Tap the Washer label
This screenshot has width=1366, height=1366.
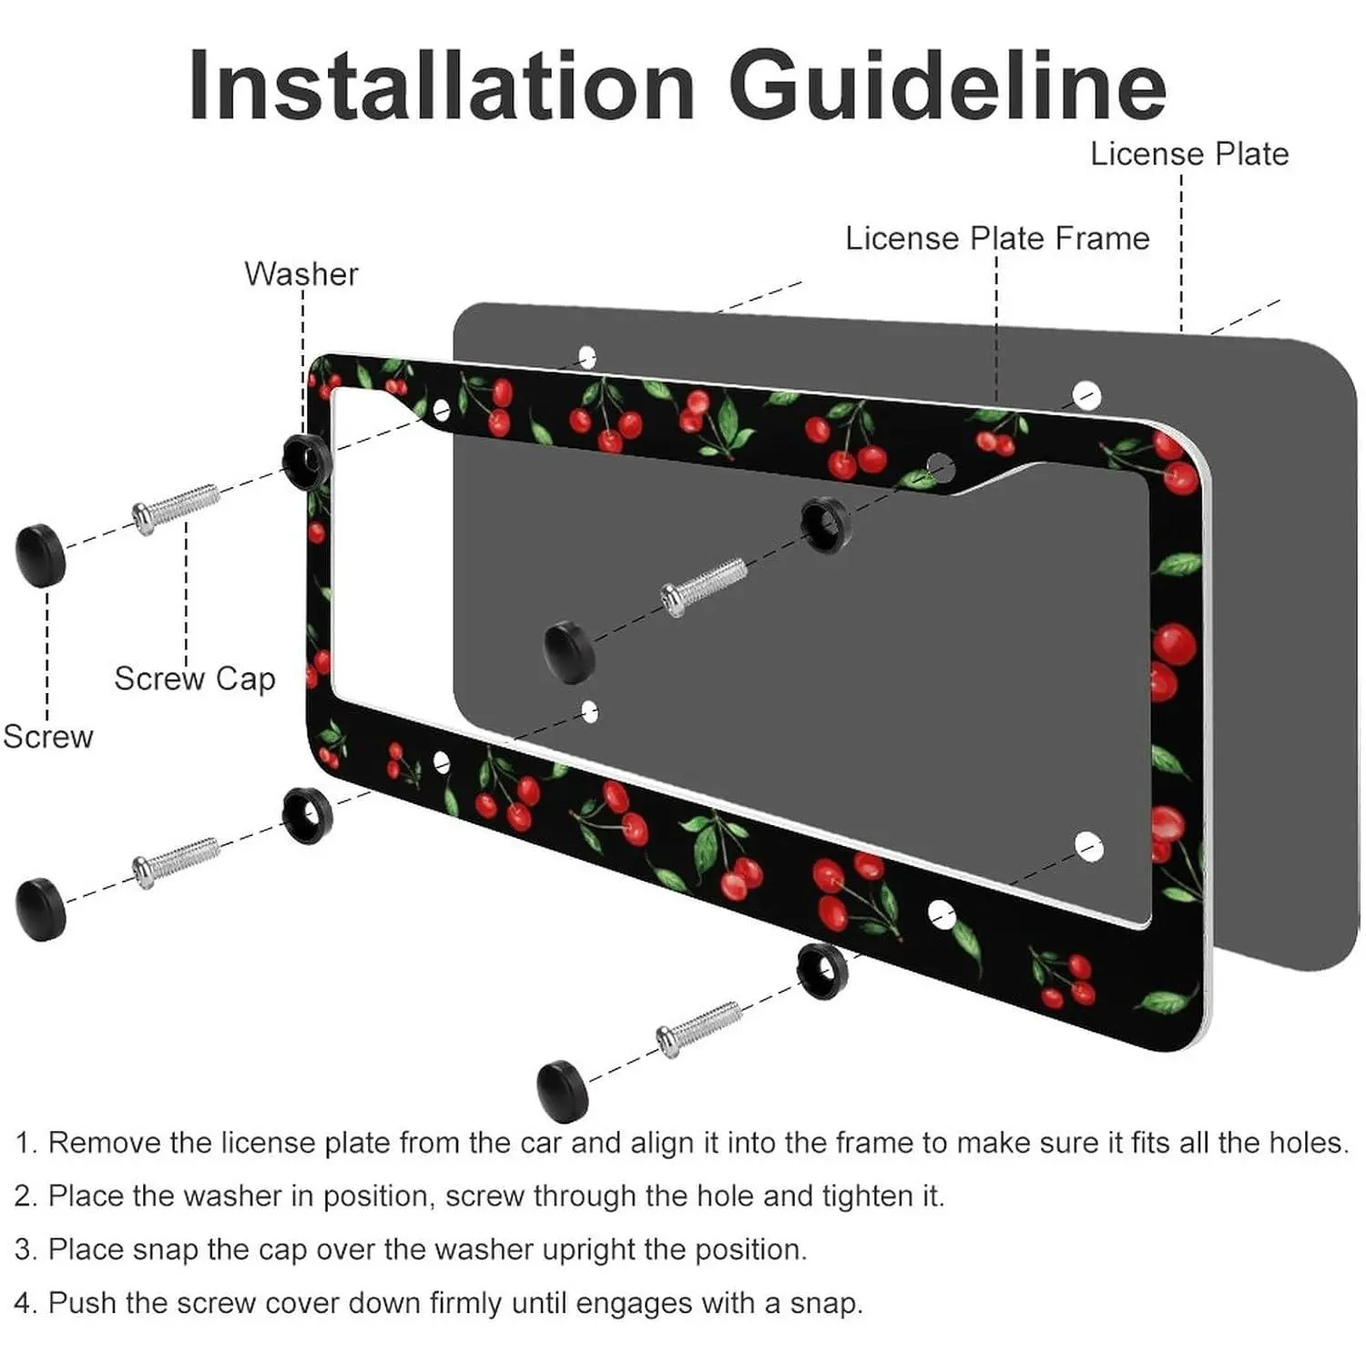(301, 274)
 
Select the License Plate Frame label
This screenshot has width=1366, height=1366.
(997, 239)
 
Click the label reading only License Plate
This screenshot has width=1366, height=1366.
(1189, 154)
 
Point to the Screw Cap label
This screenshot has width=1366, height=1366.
(195, 678)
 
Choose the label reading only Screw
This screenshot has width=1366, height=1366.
(48, 737)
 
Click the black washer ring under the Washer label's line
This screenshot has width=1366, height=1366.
(306, 461)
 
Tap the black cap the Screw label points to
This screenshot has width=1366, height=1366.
(41, 554)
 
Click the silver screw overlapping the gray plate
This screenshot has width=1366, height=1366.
(704, 586)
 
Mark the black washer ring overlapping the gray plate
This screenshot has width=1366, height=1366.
(826, 525)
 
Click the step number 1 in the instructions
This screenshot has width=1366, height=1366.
(24, 1143)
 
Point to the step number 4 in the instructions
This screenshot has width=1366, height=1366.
(24, 1303)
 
